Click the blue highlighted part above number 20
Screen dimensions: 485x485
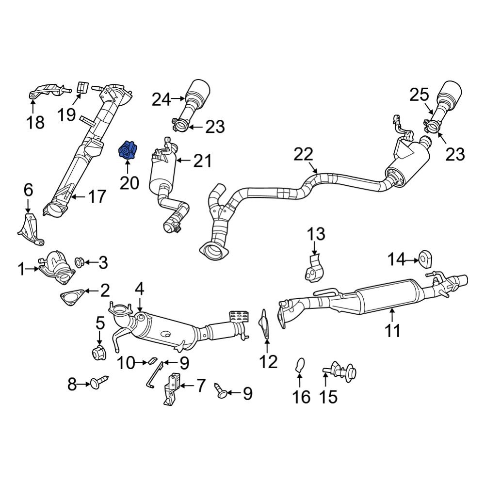[128, 150]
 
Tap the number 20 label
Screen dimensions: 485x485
[129, 183]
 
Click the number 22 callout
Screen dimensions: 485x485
[304, 155]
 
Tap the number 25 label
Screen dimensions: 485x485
[420, 96]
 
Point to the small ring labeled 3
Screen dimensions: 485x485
[80, 263]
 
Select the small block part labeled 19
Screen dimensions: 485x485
[82, 87]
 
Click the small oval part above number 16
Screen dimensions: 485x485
[300, 364]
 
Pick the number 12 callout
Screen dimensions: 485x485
[268, 361]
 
